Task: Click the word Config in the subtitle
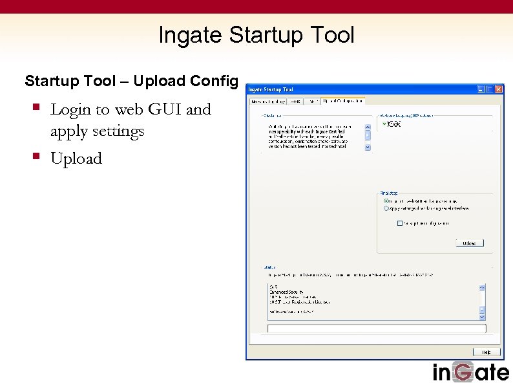(x=215, y=81)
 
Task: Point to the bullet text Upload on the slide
(x=76, y=159)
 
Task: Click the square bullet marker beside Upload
(x=37, y=157)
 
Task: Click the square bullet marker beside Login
(x=37, y=107)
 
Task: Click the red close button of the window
(x=498, y=89)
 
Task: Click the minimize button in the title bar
(x=481, y=89)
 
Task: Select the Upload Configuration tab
(x=343, y=101)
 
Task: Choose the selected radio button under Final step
(x=386, y=201)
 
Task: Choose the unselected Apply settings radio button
(x=386, y=208)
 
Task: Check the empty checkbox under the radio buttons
(x=400, y=223)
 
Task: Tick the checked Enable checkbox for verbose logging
(x=385, y=124)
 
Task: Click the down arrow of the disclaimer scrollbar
(x=368, y=147)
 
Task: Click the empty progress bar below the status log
(x=377, y=329)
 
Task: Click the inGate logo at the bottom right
(x=470, y=372)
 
